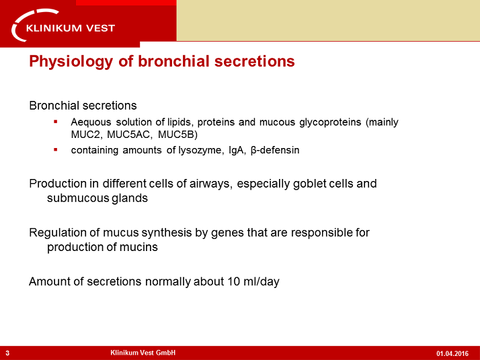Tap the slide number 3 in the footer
point(7,353)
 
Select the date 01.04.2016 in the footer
point(452,353)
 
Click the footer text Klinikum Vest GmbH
point(143,353)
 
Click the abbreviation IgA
point(237,150)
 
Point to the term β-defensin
point(275,150)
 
